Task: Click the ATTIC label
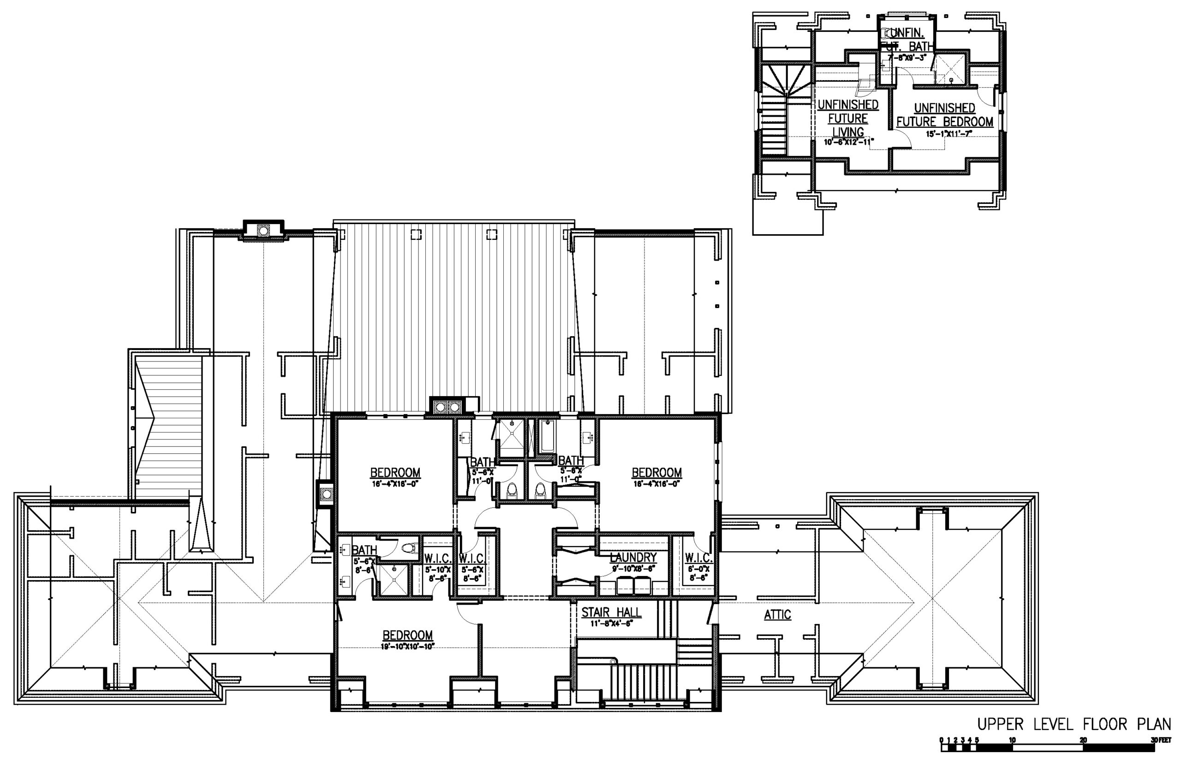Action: (777, 615)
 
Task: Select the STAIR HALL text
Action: (611, 612)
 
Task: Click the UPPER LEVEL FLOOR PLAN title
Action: (1074, 724)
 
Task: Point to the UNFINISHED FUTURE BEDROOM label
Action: (944, 115)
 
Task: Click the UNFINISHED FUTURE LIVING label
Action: (848, 119)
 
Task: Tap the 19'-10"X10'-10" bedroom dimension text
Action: (408, 647)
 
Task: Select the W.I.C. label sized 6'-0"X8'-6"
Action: (698, 558)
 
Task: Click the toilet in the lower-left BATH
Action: (409, 548)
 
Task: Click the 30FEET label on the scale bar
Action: (1161, 740)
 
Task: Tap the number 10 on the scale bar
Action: (1012, 740)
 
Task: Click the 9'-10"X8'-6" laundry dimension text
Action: (633, 568)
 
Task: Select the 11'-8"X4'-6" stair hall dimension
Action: (611, 623)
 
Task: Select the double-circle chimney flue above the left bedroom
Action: (446, 407)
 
